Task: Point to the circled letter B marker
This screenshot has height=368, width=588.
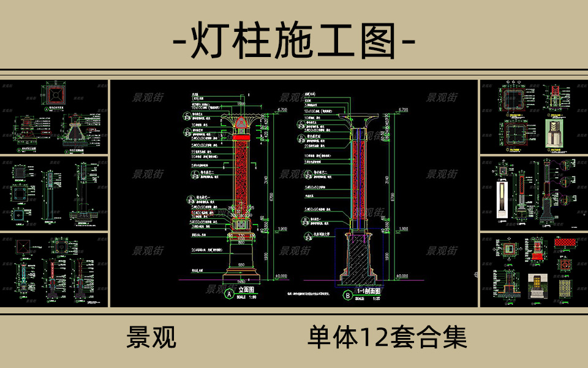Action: click(x=348, y=294)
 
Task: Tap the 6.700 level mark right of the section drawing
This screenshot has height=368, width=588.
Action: click(x=403, y=109)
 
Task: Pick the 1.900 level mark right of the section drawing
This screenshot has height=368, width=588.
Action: click(x=403, y=229)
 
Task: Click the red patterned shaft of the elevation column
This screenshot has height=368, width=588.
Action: click(x=241, y=172)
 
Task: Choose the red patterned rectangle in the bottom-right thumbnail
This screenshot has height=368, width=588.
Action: click(x=565, y=242)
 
